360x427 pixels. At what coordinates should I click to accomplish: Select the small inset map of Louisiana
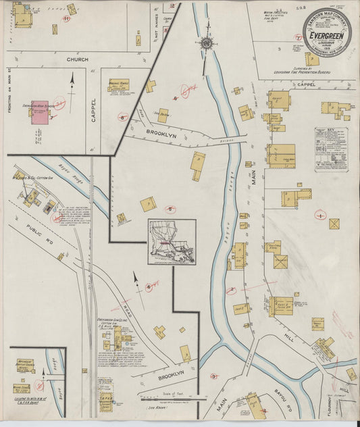(172, 241)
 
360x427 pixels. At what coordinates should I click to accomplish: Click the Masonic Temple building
(120, 89)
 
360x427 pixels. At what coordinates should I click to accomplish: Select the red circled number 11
(66, 20)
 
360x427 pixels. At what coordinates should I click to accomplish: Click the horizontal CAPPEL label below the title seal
(306, 84)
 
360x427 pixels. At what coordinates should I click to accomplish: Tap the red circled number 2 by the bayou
(230, 291)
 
